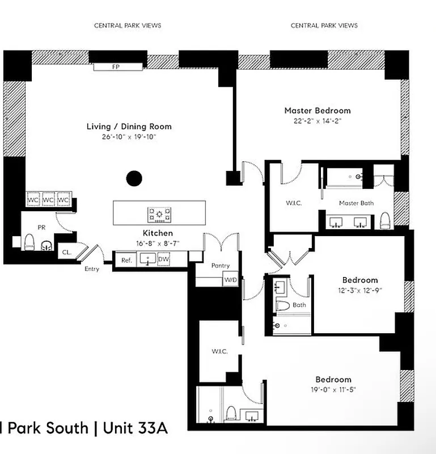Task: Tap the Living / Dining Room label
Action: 129,127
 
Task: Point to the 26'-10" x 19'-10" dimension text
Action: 129,137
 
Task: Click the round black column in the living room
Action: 133,179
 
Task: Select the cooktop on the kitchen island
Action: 159,215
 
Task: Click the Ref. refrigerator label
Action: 126,260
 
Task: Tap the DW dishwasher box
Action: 163,260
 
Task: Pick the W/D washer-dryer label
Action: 231,280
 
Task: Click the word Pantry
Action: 220,266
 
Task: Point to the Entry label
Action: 91,269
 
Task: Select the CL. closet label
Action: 66,252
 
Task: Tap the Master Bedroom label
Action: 317,111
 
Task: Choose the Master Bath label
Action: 356,203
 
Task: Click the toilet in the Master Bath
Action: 385,220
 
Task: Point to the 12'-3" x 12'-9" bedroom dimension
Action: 359,291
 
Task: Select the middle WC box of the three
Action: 49,200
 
